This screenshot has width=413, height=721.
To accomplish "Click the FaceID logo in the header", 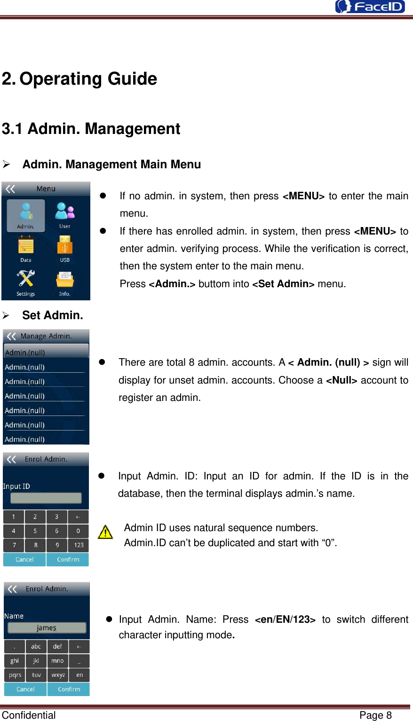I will pos(370,7).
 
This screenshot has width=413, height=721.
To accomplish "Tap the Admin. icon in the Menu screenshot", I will pos(26,214).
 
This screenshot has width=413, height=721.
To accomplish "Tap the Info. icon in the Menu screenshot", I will pos(64,280).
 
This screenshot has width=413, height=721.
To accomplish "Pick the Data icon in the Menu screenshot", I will pos(26,246).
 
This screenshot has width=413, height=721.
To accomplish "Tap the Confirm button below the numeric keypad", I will pos(68,559).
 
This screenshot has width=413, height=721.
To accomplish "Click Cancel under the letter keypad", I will pos(25,689).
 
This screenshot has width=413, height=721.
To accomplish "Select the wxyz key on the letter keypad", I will pos(58,675).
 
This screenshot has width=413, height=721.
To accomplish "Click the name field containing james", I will pos(47,627).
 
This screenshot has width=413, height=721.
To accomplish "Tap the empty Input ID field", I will pos(46,498).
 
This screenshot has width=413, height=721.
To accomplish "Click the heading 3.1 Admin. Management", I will pos(91,129).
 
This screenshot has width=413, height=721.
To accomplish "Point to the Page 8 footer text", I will pos(375,715).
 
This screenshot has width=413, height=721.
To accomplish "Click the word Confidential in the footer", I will pos(29,715).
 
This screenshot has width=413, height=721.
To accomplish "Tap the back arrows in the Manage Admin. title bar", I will pos(11,336).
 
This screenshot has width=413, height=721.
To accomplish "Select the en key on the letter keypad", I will pos(79,675).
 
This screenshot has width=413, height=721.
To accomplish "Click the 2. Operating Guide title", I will pos(79,79).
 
